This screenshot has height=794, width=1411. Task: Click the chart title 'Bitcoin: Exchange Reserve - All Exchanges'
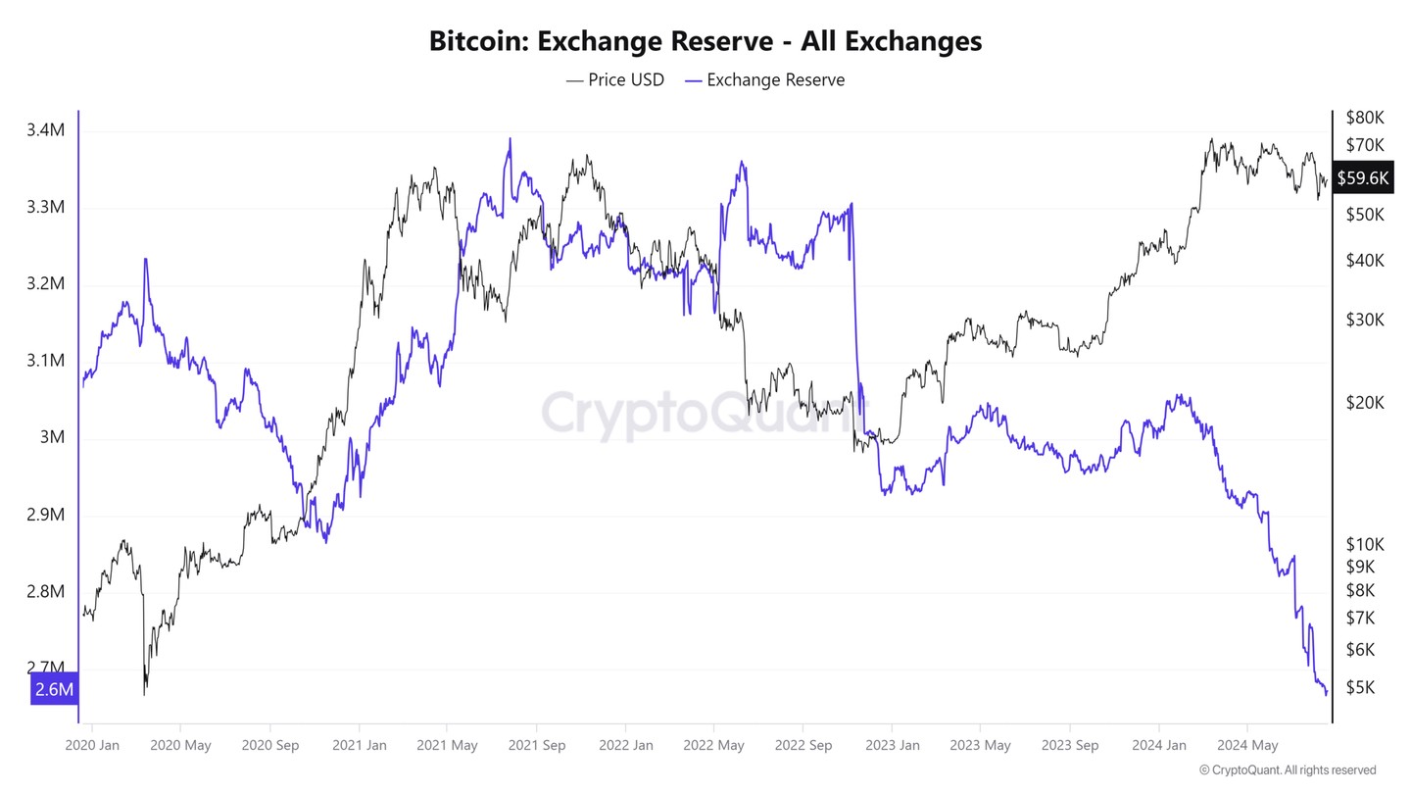coord(705,41)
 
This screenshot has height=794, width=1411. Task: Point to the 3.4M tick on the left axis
coord(46,130)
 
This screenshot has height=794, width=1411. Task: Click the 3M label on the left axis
coord(52,437)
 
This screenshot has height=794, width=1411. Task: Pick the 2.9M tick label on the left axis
coord(46,515)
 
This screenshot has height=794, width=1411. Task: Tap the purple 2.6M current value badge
coord(54,689)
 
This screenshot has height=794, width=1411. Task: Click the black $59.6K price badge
coord(1363,178)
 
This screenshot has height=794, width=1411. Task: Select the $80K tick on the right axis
coord(1365,118)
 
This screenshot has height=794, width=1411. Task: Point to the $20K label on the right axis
coord(1365,403)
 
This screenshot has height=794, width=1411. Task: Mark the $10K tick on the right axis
coord(1365,544)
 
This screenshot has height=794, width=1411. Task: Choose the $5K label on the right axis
coord(1361,688)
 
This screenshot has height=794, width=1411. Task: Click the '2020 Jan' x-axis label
coord(91,746)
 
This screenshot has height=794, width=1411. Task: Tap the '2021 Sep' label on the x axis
coord(537,746)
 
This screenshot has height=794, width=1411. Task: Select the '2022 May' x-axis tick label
coord(715,746)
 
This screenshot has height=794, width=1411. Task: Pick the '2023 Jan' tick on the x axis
coord(893,746)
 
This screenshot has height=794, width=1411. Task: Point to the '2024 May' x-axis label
coord(1248,746)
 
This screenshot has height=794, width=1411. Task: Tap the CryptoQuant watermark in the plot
coord(705,413)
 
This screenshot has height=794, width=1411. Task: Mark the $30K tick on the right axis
coord(1365,320)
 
